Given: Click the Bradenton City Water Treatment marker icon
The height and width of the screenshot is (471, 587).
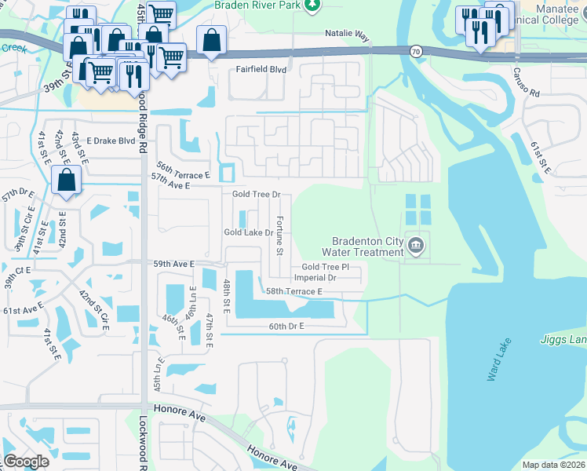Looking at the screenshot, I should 416,246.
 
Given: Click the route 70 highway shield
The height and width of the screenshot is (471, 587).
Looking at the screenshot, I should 414,51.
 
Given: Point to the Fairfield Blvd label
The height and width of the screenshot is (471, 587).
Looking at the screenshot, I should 261,69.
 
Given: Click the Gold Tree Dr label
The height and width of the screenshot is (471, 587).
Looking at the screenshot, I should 257,194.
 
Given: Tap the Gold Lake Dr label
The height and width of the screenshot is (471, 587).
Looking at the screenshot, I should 248,232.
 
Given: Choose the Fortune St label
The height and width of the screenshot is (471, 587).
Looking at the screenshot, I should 279,236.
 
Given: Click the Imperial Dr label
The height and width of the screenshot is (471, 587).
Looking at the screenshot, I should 315,278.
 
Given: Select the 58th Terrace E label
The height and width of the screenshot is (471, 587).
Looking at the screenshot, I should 294,291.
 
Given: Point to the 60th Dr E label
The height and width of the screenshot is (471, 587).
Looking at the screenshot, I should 286,326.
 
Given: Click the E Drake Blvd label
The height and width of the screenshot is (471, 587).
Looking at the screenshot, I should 111,141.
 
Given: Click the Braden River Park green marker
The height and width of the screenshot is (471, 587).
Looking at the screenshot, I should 313,5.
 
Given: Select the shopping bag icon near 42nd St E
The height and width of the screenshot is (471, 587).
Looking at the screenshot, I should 67,181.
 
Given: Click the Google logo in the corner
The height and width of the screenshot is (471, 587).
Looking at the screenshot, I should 26,462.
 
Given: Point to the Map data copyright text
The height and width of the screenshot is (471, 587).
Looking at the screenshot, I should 552,465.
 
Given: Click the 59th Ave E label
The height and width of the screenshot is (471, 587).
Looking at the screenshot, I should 173,265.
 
